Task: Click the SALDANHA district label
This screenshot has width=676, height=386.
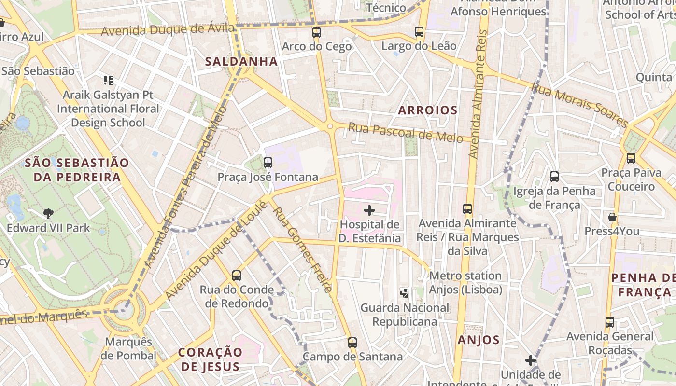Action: (241, 61)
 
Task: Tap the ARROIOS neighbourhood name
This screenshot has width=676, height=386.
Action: (428, 110)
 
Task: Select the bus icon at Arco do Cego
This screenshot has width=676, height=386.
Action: (316, 32)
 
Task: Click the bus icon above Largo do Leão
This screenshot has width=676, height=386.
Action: (419, 32)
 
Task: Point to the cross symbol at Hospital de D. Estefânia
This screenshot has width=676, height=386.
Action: (369, 210)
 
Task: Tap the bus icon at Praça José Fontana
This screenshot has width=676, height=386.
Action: (268, 163)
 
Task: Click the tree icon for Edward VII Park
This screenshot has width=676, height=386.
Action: (48, 213)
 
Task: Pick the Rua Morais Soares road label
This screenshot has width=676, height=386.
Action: (579, 105)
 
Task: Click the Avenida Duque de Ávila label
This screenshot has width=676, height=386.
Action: (168, 30)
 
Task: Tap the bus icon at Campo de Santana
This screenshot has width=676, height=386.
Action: (352, 343)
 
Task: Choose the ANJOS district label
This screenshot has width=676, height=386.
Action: (479, 340)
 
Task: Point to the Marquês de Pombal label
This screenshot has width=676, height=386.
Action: (128, 349)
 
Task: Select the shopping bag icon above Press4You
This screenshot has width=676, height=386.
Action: (612, 217)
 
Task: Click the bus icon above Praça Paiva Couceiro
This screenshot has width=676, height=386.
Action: (631, 158)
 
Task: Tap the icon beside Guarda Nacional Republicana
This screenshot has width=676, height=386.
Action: (405, 292)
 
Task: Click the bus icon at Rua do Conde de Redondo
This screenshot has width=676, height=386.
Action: (236, 276)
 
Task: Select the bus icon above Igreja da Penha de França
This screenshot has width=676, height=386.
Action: (554, 177)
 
